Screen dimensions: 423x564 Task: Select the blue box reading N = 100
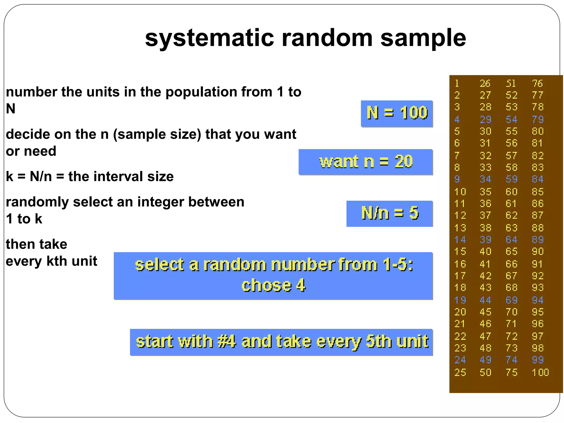pyautogui.click(x=397, y=113)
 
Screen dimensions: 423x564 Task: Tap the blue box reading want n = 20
pyautogui.click(x=366, y=162)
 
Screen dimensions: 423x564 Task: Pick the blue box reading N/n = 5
pyautogui.click(x=390, y=213)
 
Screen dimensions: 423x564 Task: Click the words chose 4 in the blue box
pyautogui.click(x=273, y=285)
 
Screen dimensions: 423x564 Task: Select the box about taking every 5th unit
pyautogui.click(x=281, y=342)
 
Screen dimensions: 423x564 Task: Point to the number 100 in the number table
pyautogui.click(x=540, y=372)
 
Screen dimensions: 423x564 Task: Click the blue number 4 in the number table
pyautogui.click(x=457, y=119)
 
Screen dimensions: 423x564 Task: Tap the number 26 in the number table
pyautogui.click(x=485, y=83)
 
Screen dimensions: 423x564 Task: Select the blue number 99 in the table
pyautogui.click(x=538, y=360)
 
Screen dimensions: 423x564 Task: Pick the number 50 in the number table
pyautogui.click(x=485, y=372)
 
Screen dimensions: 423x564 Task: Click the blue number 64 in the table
pyautogui.click(x=511, y=240)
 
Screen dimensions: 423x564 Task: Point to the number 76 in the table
pyautogui.click(x=537, y=83)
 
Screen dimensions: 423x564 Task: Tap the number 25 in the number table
pyautogui.click(x=460, y=372)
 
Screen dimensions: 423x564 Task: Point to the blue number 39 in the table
pyautogui.click(x=485, y=240)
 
